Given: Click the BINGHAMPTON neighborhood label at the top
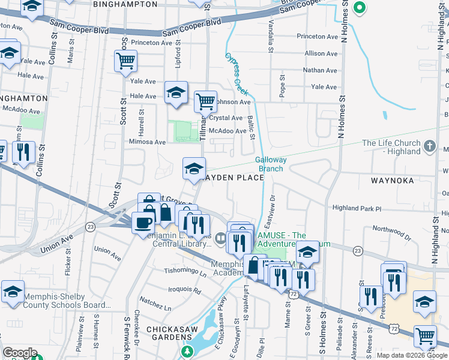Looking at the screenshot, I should click(126, 4).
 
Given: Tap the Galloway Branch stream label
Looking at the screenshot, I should click(271, 164).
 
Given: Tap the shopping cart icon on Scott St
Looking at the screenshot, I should click(125, 60).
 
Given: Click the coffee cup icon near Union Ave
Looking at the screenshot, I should click(143, 222).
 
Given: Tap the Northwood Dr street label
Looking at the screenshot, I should click(391, 229).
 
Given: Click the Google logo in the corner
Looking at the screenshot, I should click(19, 353).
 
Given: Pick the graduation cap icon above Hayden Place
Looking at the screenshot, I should click(194, 168).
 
